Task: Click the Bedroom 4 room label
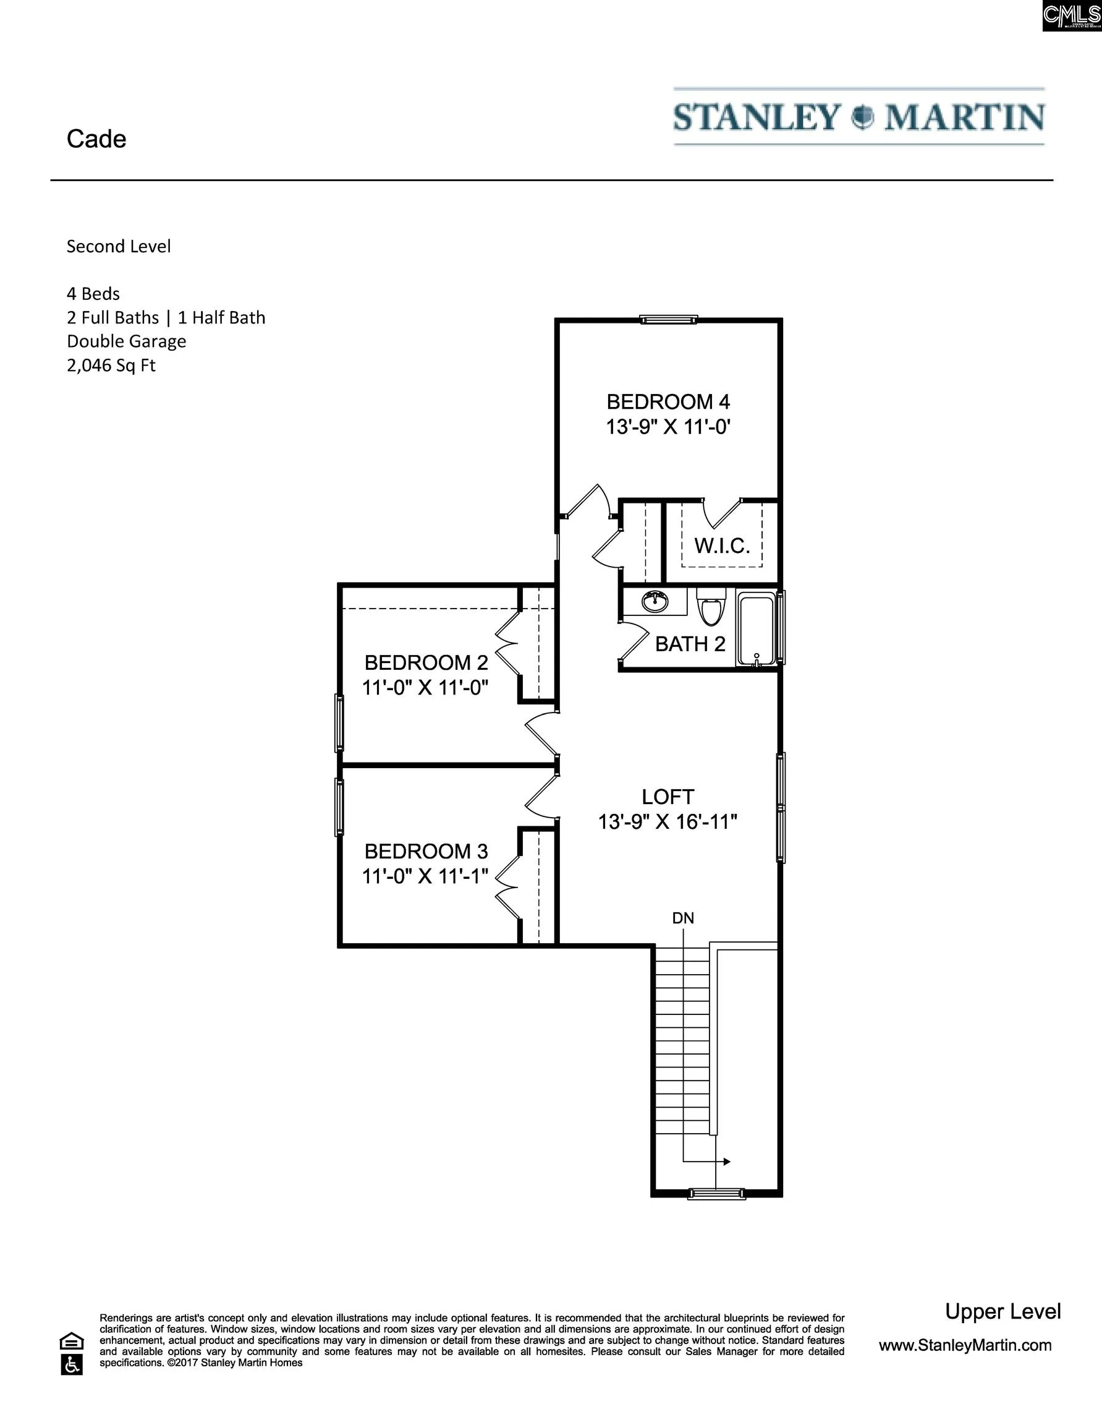tap(668, 401)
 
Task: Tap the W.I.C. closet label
tap(722, 546)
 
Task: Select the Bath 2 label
tap(690, 644)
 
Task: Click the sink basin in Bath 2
tap(655, 601)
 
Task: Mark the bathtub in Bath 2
tap(757, 628)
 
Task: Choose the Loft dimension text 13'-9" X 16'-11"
tap(668, 822)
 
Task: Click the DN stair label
tap(684, 918)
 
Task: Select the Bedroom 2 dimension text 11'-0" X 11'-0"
tap(425, 688)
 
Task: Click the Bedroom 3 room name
tap(426, 851)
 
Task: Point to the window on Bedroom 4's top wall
tap(668, 320)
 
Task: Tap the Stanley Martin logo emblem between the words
tap(862, 117)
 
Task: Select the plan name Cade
tap(96, 139)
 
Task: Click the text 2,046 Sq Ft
tap(111, 366)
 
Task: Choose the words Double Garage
tap(127, 341)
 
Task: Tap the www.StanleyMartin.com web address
tap(965, 1345)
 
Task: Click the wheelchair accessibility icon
tap(72, 1364)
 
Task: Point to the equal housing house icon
tap(72, 1342)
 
